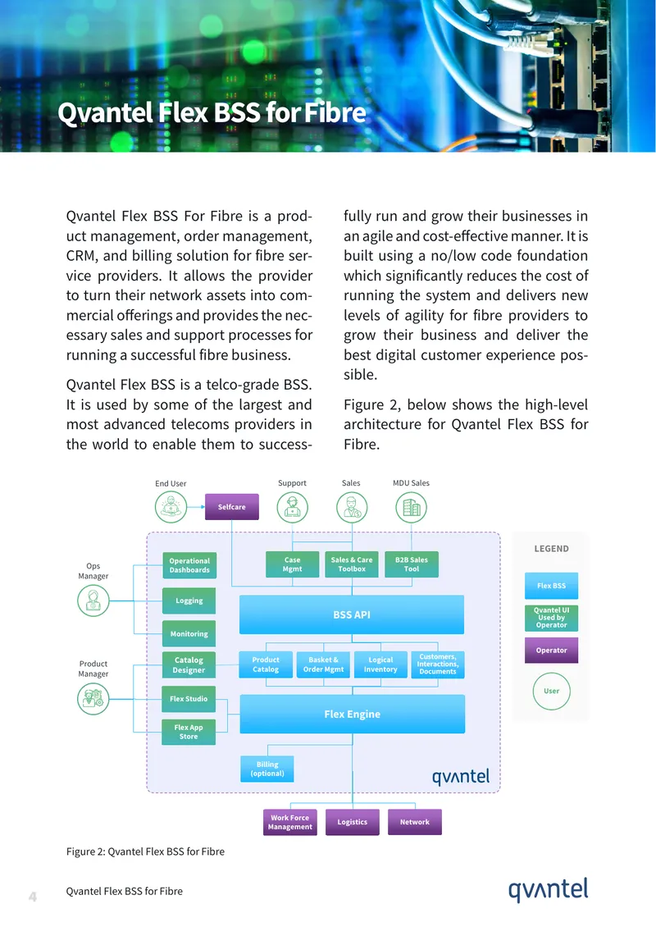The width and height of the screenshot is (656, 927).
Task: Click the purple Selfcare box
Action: (232, 507)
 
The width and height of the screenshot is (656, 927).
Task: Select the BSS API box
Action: (352, 614)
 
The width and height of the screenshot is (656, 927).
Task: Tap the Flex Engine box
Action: (353, 715)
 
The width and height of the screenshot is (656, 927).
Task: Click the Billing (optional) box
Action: (267, 769)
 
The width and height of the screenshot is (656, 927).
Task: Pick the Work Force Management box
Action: (290, 822)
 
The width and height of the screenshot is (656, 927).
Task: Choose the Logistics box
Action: (353, 822)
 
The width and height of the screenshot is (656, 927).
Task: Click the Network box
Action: (415, 822)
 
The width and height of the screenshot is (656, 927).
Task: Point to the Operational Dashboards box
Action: (189, 565)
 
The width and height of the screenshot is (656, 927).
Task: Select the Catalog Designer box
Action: (189, 664)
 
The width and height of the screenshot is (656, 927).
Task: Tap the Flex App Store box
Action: (189, 732)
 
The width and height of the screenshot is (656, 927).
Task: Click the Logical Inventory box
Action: (380, 664)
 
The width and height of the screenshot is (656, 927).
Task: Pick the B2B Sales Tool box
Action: (412, 564)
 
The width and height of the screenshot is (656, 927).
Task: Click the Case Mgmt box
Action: (292, 564)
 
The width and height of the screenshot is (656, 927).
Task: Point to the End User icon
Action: (171, 507)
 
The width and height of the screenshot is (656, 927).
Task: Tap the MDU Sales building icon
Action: (412, 507)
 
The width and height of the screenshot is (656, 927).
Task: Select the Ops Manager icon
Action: (93, 600)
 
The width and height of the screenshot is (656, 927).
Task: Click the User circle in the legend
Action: (551, 691)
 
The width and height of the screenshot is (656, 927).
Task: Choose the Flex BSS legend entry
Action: (551, 586)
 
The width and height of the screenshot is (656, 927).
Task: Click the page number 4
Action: (33, 897)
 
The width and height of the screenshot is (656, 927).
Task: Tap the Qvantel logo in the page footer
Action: (549, 890)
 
